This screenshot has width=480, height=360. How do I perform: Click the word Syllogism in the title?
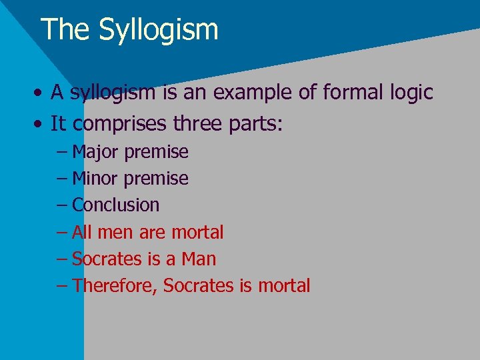point(159,30)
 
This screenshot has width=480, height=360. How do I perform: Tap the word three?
point(198,123)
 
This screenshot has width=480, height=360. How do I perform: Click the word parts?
point(256,123)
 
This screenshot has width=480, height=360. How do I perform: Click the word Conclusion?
point(115,205)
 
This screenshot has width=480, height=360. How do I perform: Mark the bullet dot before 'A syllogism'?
point(41,93)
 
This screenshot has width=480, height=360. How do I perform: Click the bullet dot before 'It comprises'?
point(41,123)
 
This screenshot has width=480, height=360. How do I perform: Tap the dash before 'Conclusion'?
point(62,206)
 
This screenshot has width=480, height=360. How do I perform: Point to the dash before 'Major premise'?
point(62,153)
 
